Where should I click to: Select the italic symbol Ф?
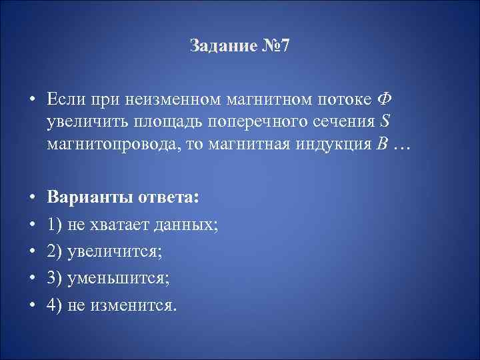pyautogui.click(x=384, y=99)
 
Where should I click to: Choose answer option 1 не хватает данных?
pyautogui.click(x=132, y=225)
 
